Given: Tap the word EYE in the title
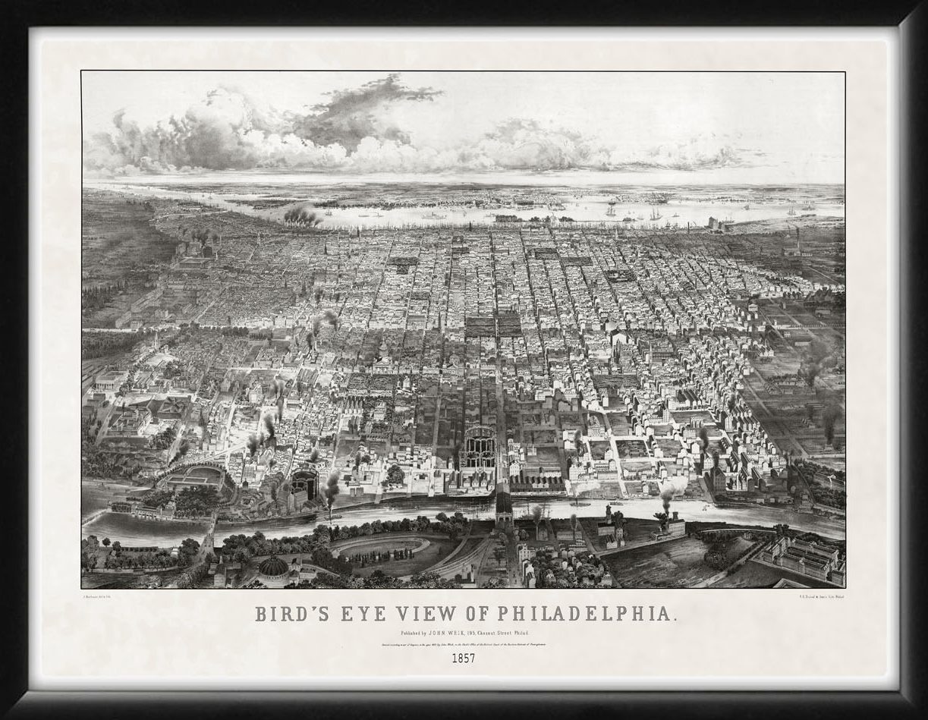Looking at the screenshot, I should [x=357, y=614].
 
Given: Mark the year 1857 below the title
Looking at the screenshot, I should [x=463, y=658].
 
